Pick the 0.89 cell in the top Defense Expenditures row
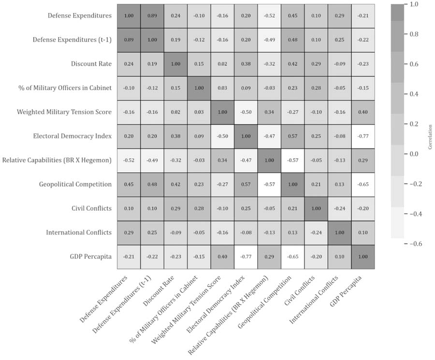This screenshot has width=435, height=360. pyautogui.click(x=152, y=15)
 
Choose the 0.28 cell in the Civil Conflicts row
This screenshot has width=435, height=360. pyautogui.click(x=199, y=209)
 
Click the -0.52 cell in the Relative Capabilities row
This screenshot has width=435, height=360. pyautogui.click(x=129, y=160)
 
